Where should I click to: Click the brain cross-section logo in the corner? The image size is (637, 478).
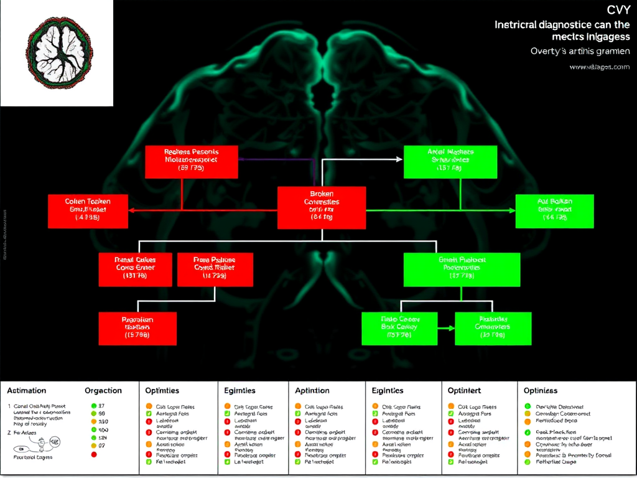click(57, 52)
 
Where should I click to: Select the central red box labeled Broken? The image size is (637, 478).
click(321, 205)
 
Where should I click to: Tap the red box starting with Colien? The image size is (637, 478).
click(88, 210)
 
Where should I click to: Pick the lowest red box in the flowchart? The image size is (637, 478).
click(137, 328)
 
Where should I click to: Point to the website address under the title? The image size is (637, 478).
click(599, 67)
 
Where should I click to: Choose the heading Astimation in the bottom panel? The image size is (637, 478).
click(27, 391)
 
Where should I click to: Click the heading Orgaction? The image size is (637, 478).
click(103, 391)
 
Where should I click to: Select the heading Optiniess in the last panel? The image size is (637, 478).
click(541, 391)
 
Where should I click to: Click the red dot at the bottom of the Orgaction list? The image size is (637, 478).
click(94, 455)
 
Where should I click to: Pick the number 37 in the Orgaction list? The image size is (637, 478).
click(102, 406)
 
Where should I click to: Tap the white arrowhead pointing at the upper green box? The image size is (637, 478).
click(399, 159)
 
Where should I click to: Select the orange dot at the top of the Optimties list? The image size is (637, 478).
click(149, 406)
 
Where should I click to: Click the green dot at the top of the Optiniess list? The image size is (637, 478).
click(528, 406)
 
